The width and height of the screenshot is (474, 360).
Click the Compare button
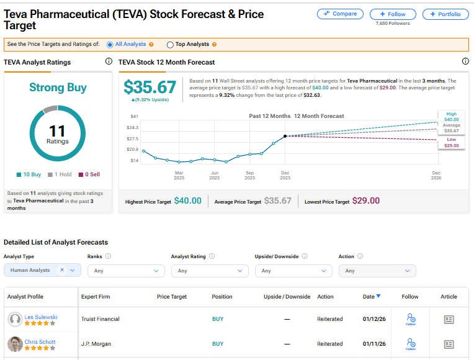click(340, 14)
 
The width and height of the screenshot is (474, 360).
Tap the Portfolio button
click(445, 14)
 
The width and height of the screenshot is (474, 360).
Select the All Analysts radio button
click(110, 45)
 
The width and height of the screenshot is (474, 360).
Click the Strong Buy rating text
click(58, 88)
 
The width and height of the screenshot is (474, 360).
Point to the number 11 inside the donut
click(57, 131)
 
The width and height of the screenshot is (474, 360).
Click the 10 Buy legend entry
click(29, 175)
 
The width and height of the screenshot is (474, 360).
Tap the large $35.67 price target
click(149, 87)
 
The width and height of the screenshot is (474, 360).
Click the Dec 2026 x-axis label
click(436, 175)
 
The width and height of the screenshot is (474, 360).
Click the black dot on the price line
click(285, 136)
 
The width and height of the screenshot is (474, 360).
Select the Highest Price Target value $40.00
click(187, 201)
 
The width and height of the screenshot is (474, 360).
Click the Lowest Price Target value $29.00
click(365, 201)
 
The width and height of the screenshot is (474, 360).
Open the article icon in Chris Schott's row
click(449, 344)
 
